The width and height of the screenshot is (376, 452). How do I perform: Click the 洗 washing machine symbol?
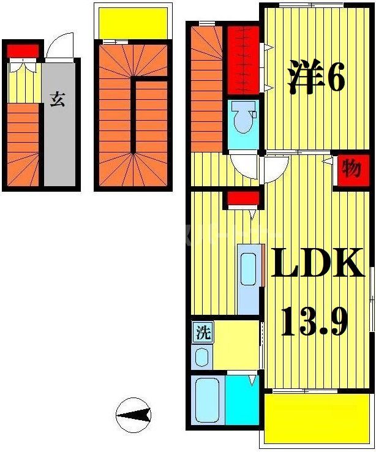tap(203, 333)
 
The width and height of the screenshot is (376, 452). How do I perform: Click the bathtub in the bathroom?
tap(206, 400)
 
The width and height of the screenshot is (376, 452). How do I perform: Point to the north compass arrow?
tap(133, 416)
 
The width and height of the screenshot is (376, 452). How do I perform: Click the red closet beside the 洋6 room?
tap(243, 60)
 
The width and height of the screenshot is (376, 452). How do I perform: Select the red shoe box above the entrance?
tap(23, 50)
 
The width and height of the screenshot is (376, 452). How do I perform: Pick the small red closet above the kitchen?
tap(241, 198)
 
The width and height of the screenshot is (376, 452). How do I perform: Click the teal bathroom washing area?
tap(241, 400)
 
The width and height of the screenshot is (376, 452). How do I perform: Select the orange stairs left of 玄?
tap(24, 147)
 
